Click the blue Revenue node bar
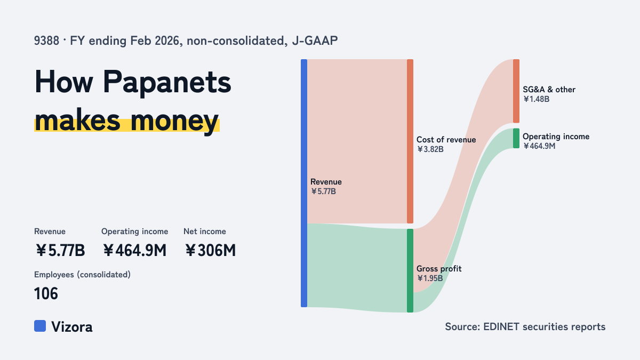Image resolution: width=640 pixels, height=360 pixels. [x=304, y=183]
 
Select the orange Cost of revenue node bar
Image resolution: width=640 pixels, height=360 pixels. [x=410, y=141]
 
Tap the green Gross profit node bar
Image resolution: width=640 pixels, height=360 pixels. [x=410, y=270]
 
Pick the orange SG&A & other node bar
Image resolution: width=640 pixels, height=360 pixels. [x=516, y=91]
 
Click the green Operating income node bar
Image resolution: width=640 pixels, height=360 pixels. [x=516, y=138]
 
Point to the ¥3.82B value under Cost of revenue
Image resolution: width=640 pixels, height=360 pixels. [x=430, y=149]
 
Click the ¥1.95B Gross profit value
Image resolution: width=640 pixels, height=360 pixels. [x=430, y=278]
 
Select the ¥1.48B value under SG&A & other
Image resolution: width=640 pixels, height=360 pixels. [x=536, y=99]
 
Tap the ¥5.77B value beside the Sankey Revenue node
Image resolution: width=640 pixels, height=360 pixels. [x=323, y=191]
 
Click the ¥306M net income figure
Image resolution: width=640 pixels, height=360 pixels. [x=210, y=251]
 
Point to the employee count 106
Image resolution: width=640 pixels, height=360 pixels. [x=46, y=294]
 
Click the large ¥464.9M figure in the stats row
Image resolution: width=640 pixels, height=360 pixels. [x=134, y=251]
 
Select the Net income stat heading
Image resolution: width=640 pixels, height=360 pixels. [x=205, y=231]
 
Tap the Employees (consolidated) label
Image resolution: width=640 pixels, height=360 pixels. [x=82, y=275]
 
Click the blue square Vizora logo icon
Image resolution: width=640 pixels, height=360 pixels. [x=40, y=326]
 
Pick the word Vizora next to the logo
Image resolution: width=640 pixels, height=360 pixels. [x=71, y=327]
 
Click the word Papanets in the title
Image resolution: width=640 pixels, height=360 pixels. [x=167, y=83]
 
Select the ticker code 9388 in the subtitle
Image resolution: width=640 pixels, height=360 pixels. [x=46, y=41]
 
